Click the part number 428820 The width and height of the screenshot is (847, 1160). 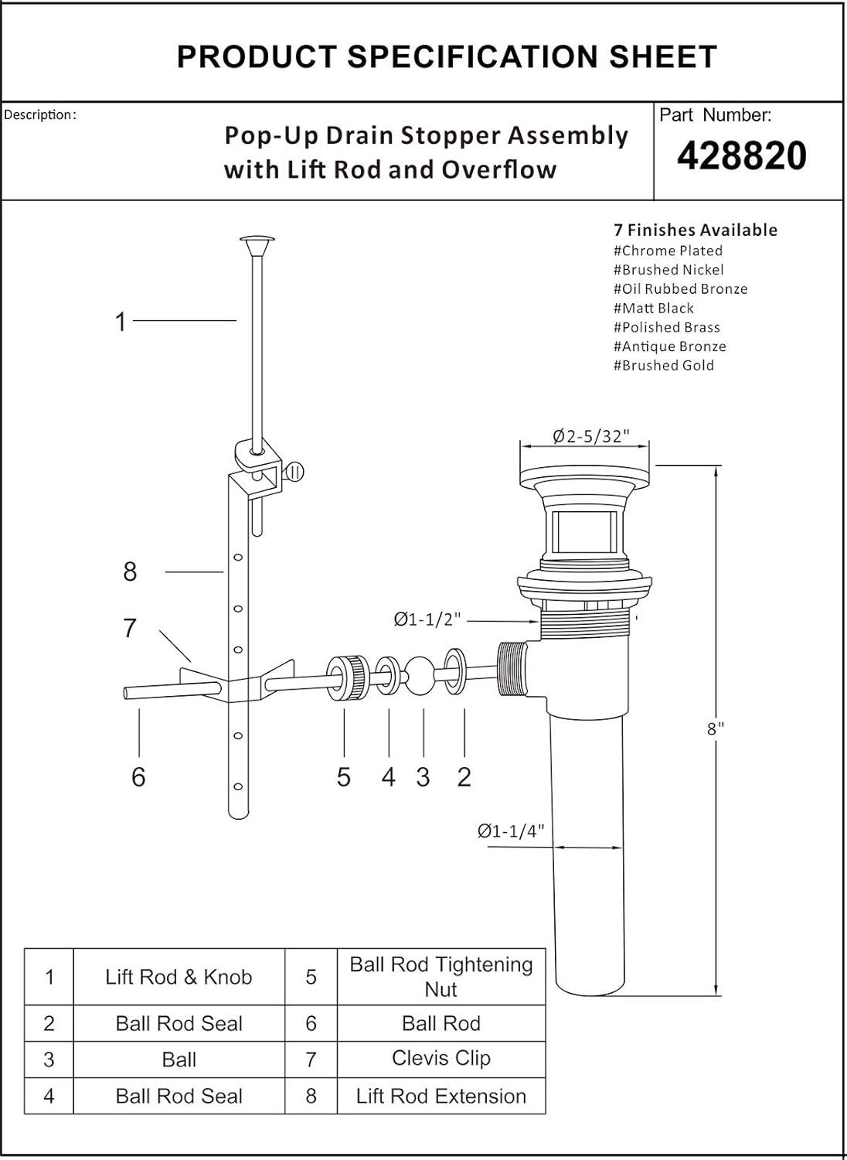741,156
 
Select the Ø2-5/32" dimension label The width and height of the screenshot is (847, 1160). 590,437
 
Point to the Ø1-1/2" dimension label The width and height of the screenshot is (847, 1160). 427,619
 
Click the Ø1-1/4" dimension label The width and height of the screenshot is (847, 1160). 511,831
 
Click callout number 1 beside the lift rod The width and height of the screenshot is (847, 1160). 121,322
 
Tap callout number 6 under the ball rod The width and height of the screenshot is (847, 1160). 138,776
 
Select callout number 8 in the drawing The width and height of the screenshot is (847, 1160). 130,572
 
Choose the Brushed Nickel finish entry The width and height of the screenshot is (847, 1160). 668,270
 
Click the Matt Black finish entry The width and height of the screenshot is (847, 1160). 654,308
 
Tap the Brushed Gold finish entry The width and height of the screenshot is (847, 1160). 664,366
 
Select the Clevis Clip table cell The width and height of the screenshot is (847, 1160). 441,1058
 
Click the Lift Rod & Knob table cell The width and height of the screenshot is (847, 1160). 179,977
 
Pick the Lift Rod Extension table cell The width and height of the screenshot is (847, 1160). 441,1096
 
